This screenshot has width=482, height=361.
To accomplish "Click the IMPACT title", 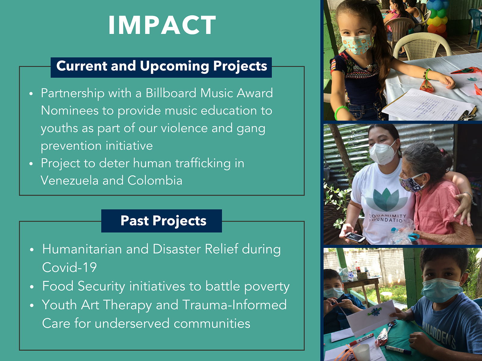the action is pyautogui.click(x=162, y=25).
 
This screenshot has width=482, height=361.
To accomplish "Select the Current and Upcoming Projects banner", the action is pyautogui.click(x=161, y=67).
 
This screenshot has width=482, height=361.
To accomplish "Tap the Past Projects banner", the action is pyautogui.click(x=161, y=221).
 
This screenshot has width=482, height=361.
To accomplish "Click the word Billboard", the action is pyautogui.click(x=171, y=93).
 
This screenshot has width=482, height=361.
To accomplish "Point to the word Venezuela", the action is pyautogui.click(x=70, y=180).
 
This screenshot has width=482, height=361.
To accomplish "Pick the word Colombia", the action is pyautogui.click(x=155, y=180).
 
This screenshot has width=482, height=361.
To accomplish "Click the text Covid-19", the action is pyautogui.click(x=69, y=267).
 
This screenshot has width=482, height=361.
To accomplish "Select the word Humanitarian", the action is pyautogui.click(x=82, y=249).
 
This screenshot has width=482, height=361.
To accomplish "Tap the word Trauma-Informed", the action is pyautogui.click(x=234, y=305).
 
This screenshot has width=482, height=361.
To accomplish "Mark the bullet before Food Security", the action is pyautogui.click(x=32, y=287).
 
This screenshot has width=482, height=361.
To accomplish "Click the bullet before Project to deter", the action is pyautogui.click(x=31, y=164).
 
